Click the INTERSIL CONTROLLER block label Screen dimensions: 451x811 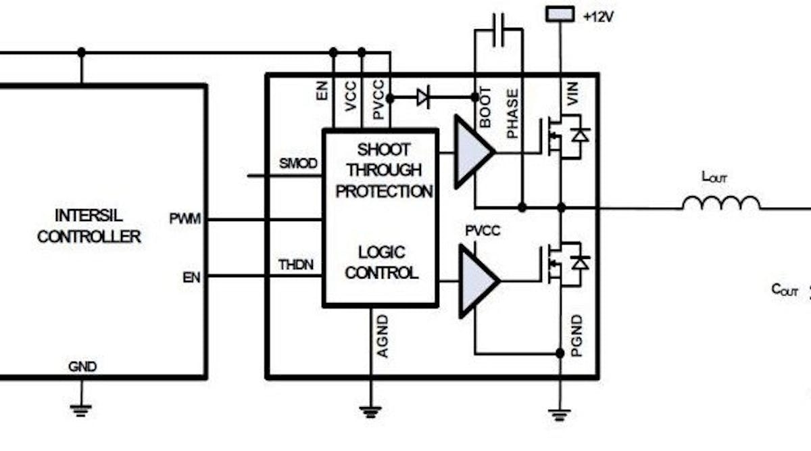coord(89,227)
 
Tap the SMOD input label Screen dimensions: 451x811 coord(298,164)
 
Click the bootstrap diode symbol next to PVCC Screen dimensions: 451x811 coord(424,99)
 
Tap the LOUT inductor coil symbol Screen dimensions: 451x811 coord(720,202)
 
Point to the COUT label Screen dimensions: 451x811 coord(785,291)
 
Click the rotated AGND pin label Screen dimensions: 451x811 coord(383,336)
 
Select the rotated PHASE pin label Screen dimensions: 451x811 coord(513,113)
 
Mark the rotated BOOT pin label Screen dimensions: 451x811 coord(485,108)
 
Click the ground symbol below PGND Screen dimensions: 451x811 coord(559,414)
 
